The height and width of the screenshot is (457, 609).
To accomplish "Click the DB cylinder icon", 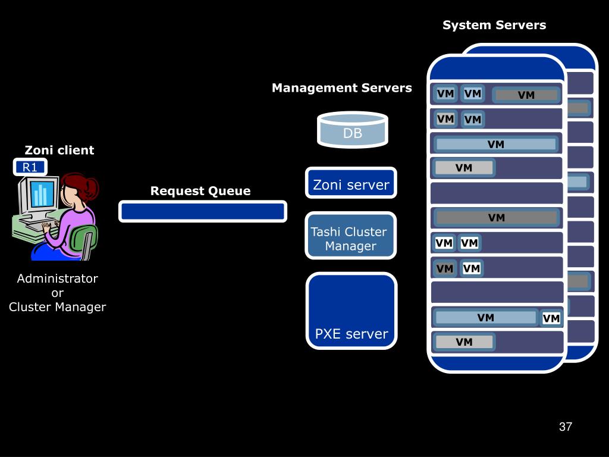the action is (x=353, y=130).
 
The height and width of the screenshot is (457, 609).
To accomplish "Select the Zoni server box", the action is (x=351, y=183).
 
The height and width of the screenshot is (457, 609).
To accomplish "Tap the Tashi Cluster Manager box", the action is (x=351, y=236).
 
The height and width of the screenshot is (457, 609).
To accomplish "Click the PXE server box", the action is (x=351, y=311).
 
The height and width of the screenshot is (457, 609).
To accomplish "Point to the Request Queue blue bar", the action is (x=203, y=211).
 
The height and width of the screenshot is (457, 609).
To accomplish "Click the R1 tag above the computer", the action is (x=30, y=167).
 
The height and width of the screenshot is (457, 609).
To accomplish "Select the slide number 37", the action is (x=566, y=427).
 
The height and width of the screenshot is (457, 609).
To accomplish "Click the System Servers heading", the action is (x=494, y=25).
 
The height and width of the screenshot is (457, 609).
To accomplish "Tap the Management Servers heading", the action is (x=342, y=88).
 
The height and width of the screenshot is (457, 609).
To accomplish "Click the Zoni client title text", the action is (x=59, y=150).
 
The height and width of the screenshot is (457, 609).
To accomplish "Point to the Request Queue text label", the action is (x=200, y=191).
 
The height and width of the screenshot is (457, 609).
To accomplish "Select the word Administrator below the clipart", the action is (x=58, y=278).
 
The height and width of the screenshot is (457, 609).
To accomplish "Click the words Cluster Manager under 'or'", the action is (x=58, y=307).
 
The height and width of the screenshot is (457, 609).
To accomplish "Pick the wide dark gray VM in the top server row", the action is (x=526, y=95).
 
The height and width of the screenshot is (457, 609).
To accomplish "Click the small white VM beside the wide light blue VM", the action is (x=551, y=319).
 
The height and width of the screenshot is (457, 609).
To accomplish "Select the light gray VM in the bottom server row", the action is (x=464, y=342).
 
